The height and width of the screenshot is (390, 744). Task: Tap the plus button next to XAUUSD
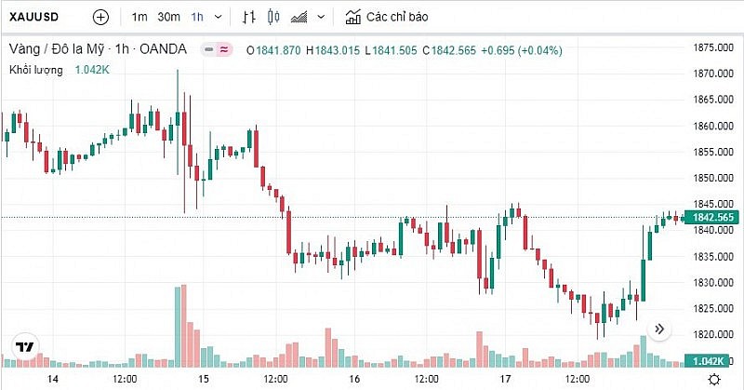coord(101,17)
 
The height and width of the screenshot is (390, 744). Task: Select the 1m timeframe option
coord(139,17)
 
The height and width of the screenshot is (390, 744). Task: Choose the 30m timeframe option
coord(168,17)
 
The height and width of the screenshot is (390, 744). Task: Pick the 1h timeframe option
coord(197,17)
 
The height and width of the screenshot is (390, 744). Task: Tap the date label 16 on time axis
coord(353,380)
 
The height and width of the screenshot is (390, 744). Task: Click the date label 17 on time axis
coord(504,380)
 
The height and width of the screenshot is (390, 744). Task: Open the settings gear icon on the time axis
coord(713,380)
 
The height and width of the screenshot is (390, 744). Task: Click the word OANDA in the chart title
coord(167,49)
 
